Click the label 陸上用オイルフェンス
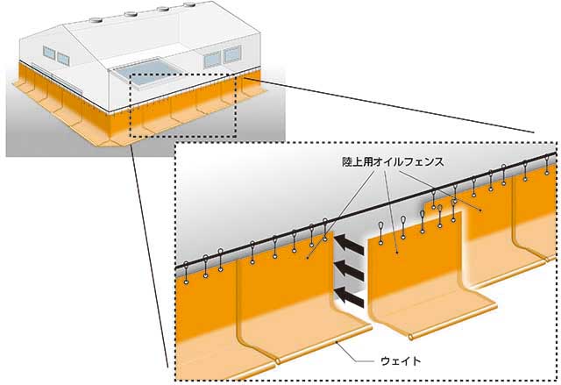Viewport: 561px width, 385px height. tap(393, 162)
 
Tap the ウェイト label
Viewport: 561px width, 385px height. tap(401, 361)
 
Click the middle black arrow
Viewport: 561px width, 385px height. tap(349, 271)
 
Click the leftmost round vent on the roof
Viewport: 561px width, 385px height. tap(96, 20)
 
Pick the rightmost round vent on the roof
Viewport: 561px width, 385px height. tap(190, 4)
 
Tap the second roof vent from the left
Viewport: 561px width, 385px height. tap(131, 14)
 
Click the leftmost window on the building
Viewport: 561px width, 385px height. tap(49, 52)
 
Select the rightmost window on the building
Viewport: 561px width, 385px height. tap(232, 54)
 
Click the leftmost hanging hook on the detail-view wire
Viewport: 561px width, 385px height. tap(186, 273)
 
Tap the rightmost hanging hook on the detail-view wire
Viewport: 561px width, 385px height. tap(547, 165)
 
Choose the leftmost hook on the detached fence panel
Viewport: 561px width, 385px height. tap(380, 233)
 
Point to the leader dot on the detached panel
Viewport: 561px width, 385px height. tap(397, 253)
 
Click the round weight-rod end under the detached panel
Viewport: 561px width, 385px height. tap(410, 337)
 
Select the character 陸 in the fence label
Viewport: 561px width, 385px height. tap(347, 162)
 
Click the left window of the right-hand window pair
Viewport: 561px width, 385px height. tap(212, 60)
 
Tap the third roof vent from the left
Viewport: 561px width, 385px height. tap(162, 9)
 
